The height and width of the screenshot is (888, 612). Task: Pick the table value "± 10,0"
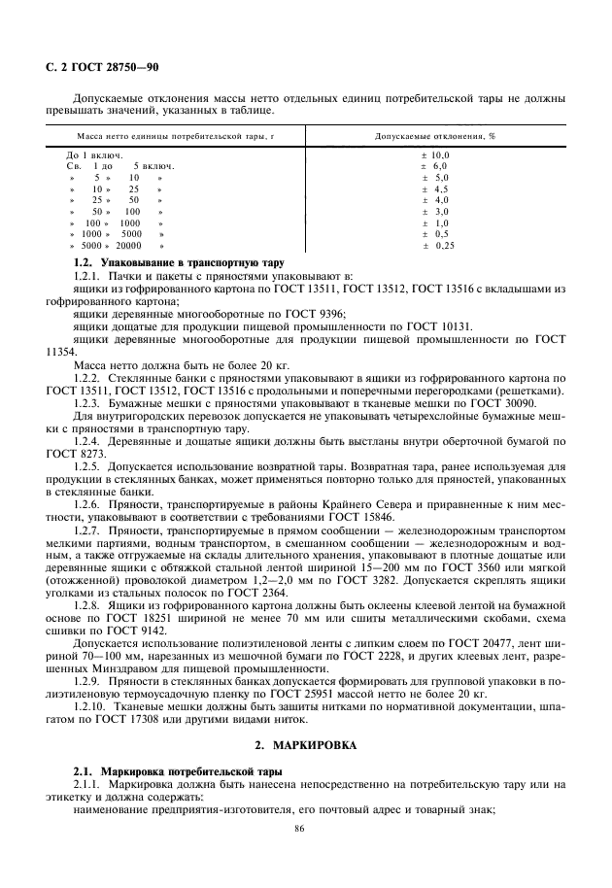coord(435,154)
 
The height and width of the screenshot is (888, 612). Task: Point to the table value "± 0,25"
coord(438,246)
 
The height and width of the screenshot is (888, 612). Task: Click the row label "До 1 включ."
coord(94,154)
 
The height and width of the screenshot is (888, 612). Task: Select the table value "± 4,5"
coord(435,188)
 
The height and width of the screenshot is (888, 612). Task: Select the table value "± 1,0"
coord(435,222)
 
